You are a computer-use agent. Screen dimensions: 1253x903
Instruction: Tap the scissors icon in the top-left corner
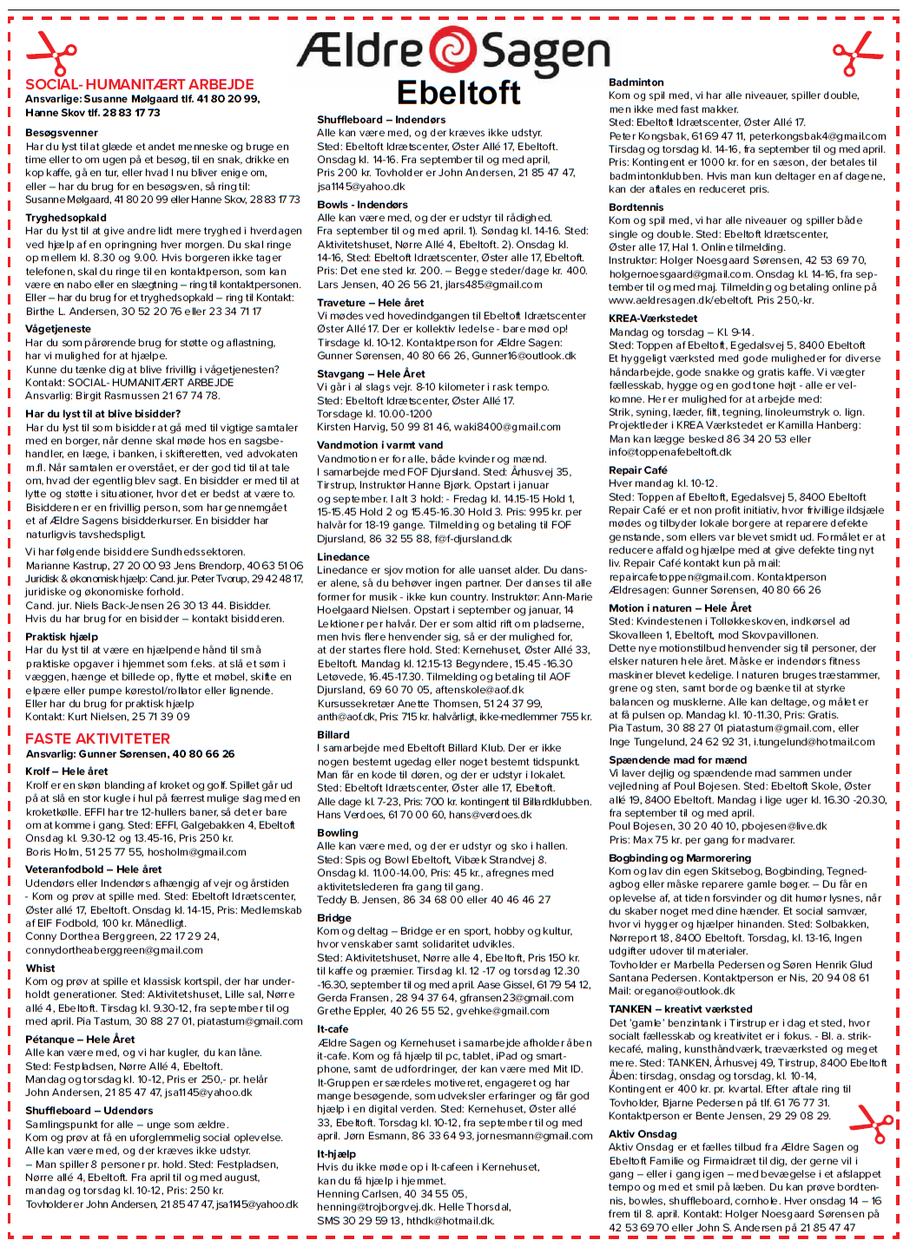51,53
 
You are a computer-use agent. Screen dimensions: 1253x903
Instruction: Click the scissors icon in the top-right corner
856,53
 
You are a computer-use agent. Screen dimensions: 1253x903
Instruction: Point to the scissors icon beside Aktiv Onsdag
870,1125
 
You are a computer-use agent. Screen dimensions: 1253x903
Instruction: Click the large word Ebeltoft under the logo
458,93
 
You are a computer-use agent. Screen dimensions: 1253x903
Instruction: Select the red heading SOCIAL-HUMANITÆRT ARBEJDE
140,84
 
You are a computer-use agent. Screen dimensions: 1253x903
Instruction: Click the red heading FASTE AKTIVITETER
97,738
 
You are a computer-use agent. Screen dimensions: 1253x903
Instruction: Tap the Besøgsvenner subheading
62,133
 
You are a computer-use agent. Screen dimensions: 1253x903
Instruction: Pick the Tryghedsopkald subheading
66,218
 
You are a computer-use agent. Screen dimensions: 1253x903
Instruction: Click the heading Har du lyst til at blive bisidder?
103,414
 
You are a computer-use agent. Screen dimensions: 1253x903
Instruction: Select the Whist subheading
40,968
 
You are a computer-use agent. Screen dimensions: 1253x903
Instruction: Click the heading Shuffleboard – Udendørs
89,1110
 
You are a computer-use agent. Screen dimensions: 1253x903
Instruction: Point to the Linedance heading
343,557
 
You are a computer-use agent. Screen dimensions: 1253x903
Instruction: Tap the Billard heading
333,734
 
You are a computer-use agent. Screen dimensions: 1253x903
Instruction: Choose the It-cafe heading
333,1029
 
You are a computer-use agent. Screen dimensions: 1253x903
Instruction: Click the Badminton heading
636,82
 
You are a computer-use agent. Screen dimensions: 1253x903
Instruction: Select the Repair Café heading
638,470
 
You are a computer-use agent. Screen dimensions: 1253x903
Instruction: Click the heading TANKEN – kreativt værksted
681,1009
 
